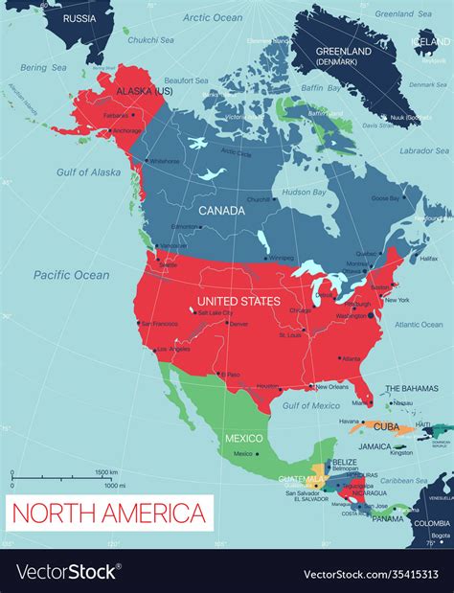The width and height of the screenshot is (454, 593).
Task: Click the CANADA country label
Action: point(220,209)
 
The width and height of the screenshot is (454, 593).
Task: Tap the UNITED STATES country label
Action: point(238,301)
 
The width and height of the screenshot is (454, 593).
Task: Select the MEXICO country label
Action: point(243,438)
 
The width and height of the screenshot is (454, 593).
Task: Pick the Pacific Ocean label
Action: point(72,275)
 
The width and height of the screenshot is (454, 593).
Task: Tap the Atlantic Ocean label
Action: point(418,325)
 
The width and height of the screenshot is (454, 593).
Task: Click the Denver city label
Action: point(238,325)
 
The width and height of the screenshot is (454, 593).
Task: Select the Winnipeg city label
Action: point(281,258)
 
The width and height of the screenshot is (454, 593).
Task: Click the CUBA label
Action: point(386,426)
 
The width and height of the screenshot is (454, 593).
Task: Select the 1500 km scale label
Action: point(106,472)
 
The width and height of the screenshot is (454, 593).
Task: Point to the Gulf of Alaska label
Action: point(89,172)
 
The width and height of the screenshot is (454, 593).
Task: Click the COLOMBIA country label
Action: point(432,523)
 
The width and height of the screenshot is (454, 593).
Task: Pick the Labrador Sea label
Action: point(422,150)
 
